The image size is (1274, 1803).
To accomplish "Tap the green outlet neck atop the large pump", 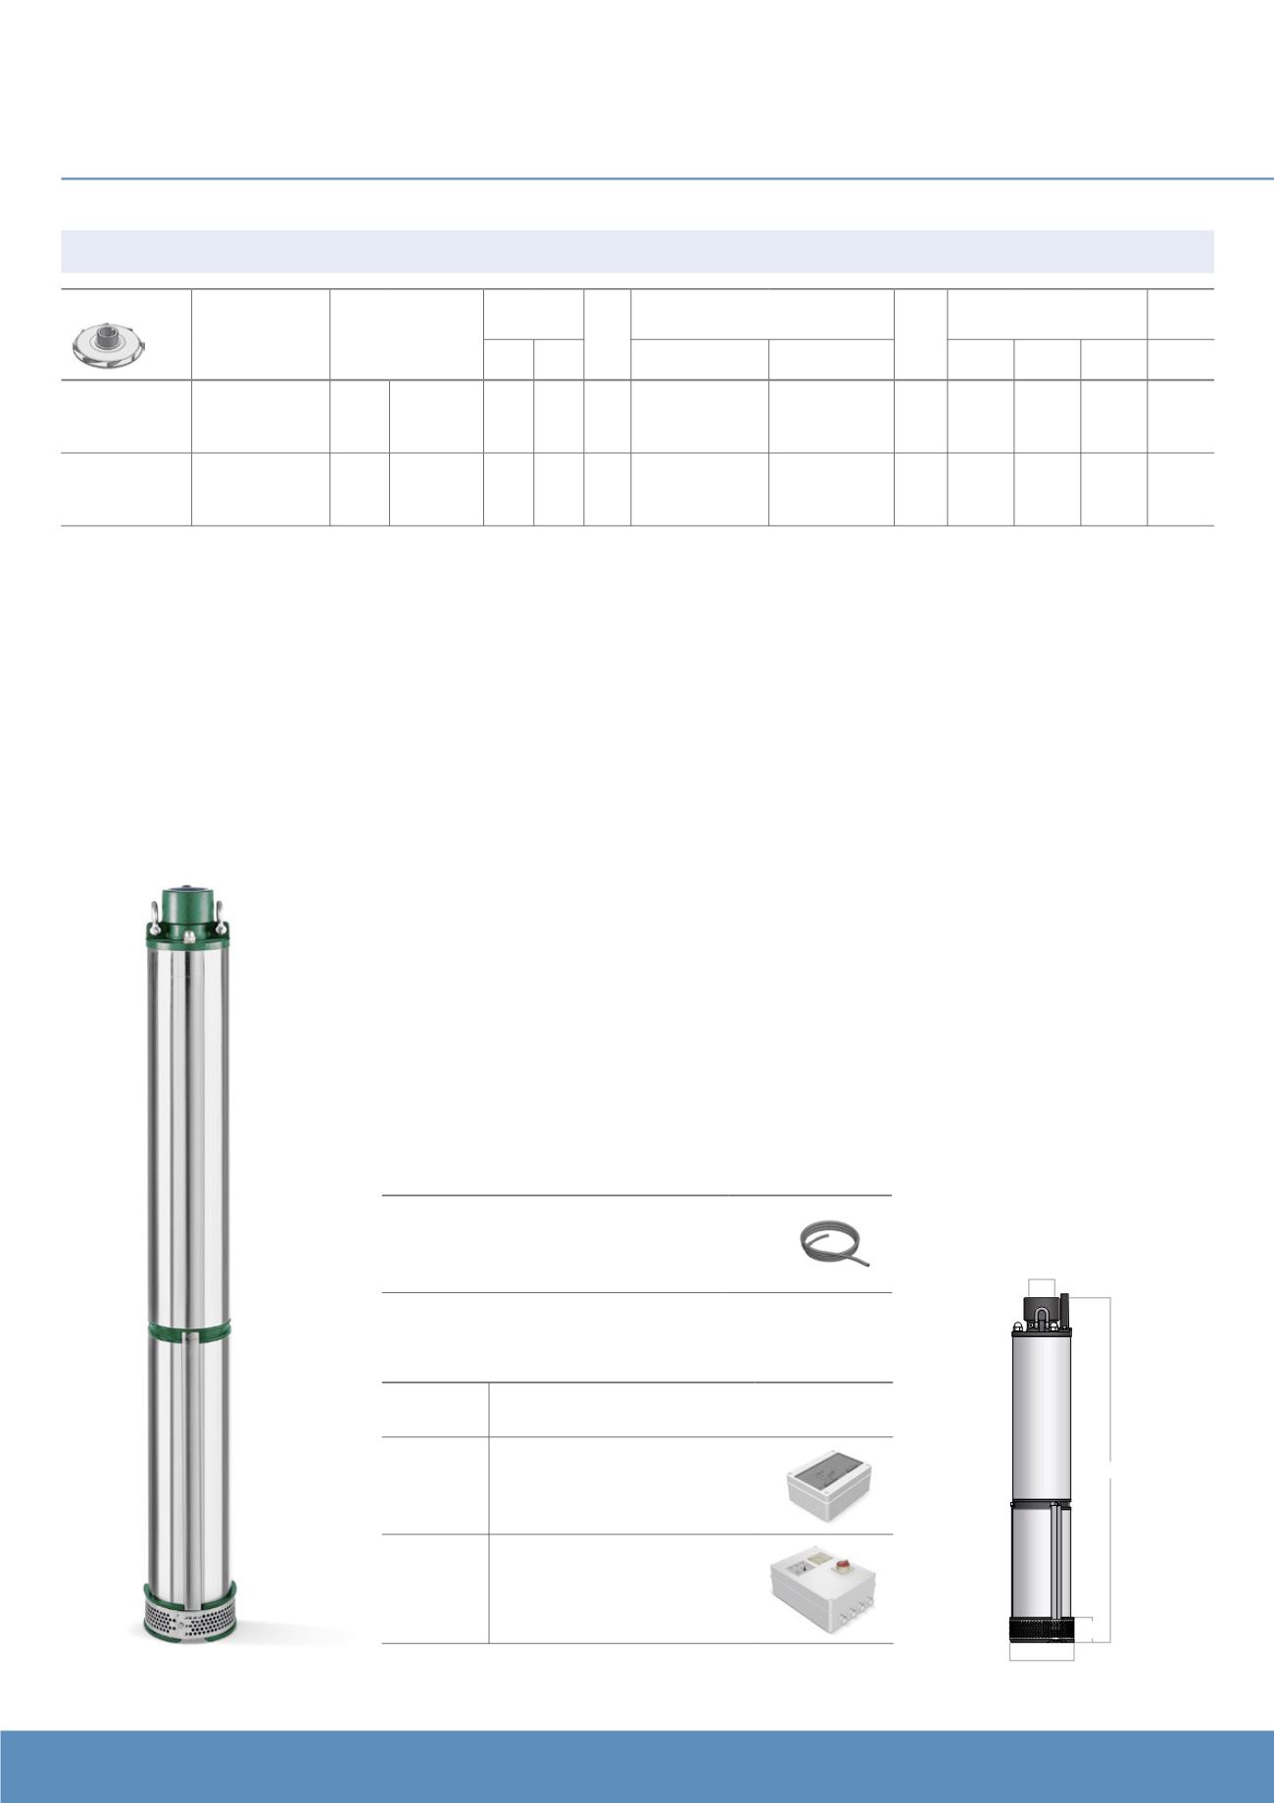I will [x=186, y=903].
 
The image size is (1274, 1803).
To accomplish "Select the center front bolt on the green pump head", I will [x=186, y=937].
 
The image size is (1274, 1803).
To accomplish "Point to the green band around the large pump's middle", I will [x=188, y=1331].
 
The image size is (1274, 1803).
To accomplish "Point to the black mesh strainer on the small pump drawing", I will [x=1042, y=1629].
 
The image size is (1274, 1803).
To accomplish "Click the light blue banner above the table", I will [x=637, y=251].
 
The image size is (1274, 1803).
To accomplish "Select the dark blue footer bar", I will [x=637, y=1766].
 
